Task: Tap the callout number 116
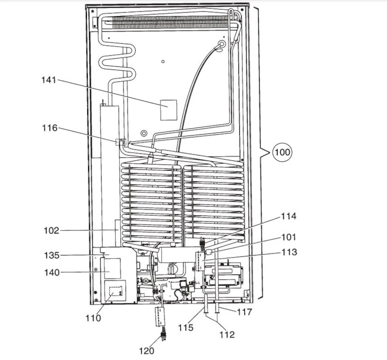pos(49,128)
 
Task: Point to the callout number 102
pos(51,231)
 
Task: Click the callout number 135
pos(51,256)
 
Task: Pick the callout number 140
pos(51,272)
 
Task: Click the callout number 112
pos(227,334)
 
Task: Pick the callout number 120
pos(147,351)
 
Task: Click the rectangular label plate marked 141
pos(169,110)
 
